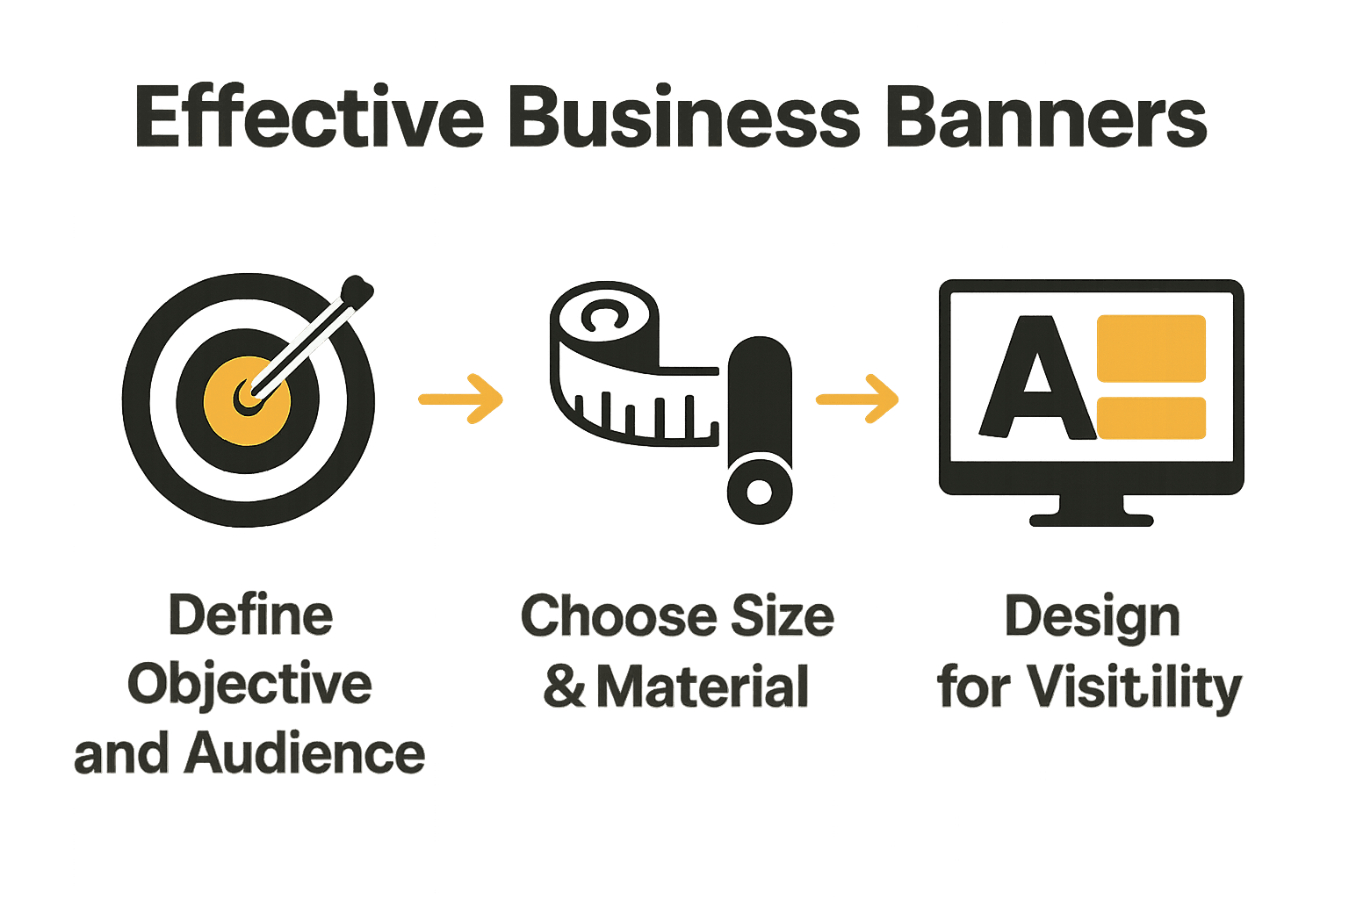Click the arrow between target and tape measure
[460, 399]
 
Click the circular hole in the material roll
[759, 492]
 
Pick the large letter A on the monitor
[1037, 378]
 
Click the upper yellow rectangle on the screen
[1151, 348]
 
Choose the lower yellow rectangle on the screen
[1151, 418]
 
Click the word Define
[250, 615]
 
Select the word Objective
[250, 685]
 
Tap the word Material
[703, 686]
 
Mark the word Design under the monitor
[1092, 617]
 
